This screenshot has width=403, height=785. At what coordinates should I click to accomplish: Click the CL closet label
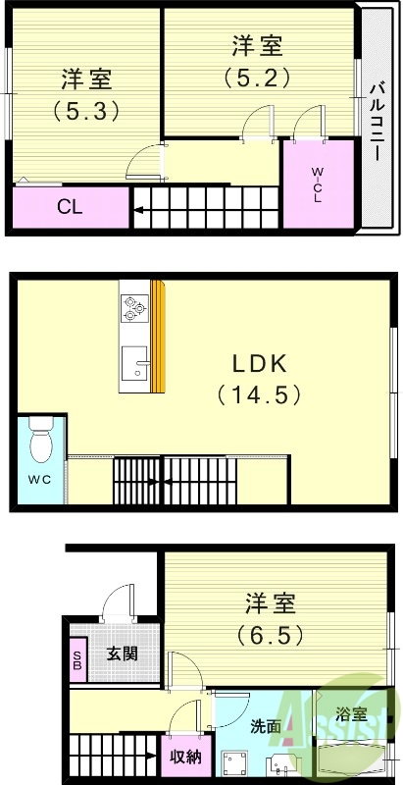pos(68,206)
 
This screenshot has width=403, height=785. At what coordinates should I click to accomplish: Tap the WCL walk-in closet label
pos(317,183)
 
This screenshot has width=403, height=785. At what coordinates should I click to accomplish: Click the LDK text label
pos(258,365)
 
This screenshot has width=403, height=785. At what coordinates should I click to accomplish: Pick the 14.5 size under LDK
pos(258,395)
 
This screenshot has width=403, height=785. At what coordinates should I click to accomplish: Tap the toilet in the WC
pos(40,442)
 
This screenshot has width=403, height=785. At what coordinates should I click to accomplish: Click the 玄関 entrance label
pos(123,654)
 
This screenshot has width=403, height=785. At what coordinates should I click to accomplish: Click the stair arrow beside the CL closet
pos(141,209)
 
